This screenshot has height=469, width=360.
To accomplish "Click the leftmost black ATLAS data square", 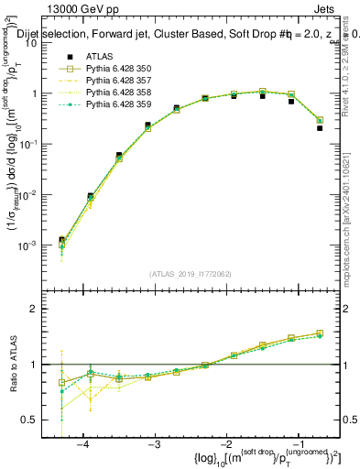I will tap(61, 240).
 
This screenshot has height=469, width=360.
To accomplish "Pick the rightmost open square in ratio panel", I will tap(320, 333).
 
